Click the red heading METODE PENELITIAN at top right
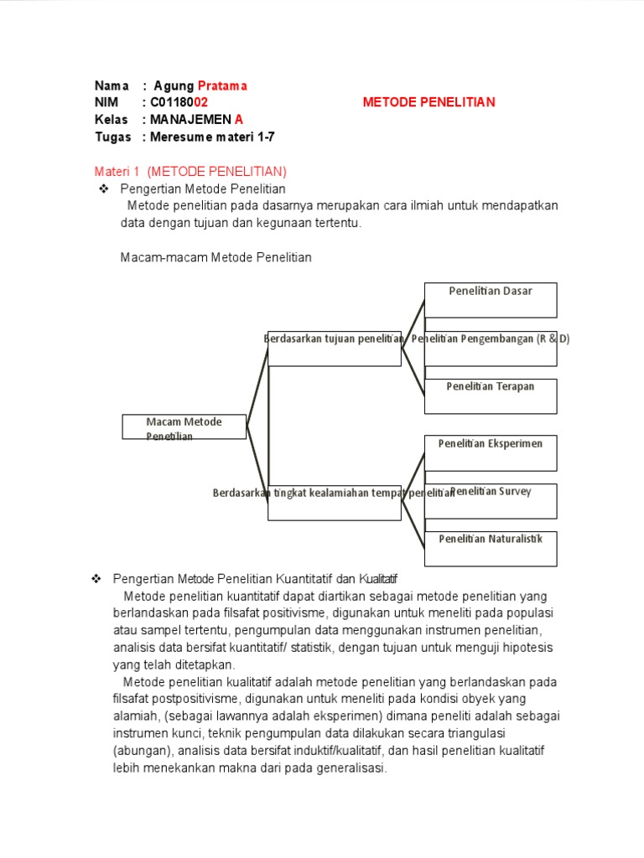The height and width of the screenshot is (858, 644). pyautogui.click(x=428, y=102)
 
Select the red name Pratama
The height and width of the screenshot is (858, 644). pyautogui.click(x=222, y=85)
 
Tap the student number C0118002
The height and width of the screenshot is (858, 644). pyautogui.click(x=179, y=102)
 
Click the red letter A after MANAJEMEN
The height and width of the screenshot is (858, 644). pyautogui.click(x=239, y=119)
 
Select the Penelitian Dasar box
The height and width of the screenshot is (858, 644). pyautogui.click(x=491, y=300)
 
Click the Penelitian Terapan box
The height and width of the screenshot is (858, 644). pyautogui.click(x=491, y=395)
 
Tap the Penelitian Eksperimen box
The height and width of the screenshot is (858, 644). pyautogui.click(x=491, y=452)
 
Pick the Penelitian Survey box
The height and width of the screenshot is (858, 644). pyautogui.click(x=491, y=500)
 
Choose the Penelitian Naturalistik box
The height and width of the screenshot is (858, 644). pyautogui.click(x=491, y=548)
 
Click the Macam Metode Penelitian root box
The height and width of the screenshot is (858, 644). pyautogui.click(x=184, y=426)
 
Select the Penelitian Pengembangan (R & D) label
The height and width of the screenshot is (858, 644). pyautogui.click(x=491, y=339)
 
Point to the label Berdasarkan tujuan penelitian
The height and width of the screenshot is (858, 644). pyautogui.click(x=334, y=339)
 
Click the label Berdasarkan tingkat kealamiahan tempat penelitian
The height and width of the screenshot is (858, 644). pyautogui.click(x=334, y=494)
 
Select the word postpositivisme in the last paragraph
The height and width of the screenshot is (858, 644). pyautogui.click(x=205, y=699)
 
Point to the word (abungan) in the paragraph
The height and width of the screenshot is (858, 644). pyautogui.click(x=141, y=751)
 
